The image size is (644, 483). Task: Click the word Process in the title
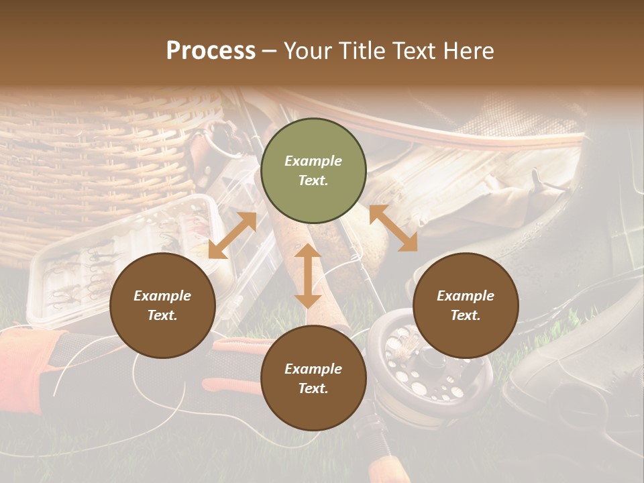click(x=211, y=51)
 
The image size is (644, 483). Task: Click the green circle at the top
click(x=313, y=171)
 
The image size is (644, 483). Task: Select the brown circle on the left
click(x=162, y=306)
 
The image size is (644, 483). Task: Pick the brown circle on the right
click(x=466, y=306)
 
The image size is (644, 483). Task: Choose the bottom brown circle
click(x=313, y=378)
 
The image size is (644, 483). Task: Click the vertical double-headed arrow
click(x=308, y=276)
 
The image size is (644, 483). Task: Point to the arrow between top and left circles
click(x=232, y=235)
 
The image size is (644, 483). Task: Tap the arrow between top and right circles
click(x=393, y=228)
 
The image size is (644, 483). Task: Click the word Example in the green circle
click(x=313, y=161)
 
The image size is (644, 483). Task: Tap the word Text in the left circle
click(x=162, y=315)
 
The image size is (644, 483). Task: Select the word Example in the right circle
click(x=466, y=296)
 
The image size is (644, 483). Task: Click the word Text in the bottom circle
click(x=313, y=388)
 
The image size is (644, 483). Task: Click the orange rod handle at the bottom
click(x=389, y=470)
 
